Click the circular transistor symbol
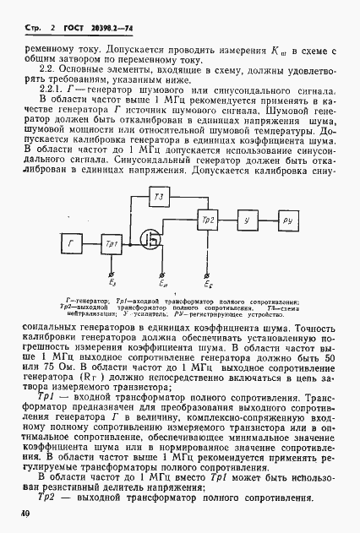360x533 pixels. click(153, 240)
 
